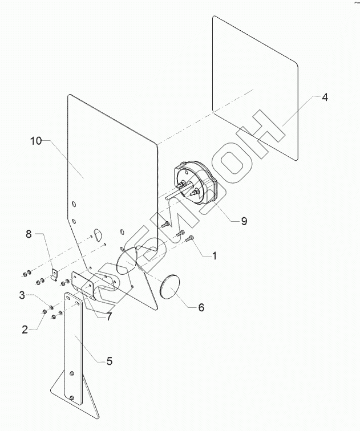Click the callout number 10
(36, 141)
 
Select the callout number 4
(324, 97)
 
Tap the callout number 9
(244, 221)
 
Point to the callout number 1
(214, 256)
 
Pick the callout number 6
(201, 307)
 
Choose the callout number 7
(108, 316)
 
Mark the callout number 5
(109, 360)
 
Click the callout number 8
(29, 234)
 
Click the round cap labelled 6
(168, 287)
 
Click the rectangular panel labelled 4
(257, 86)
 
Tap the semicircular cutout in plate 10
(97, 234)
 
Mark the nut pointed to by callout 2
(45, 312)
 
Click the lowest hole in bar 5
(72, 398)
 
